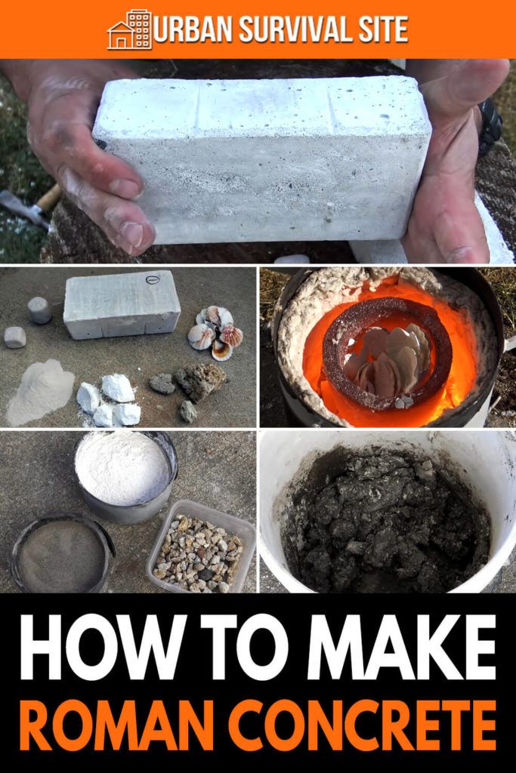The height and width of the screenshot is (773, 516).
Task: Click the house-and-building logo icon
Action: pos(129,29)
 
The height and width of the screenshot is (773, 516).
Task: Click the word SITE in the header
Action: pos(389,29)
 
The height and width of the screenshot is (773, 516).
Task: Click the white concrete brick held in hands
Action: pos(261,160)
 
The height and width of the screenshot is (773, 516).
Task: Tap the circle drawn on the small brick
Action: pos(153,280)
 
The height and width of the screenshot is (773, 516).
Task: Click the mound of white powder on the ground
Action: pos(41,392)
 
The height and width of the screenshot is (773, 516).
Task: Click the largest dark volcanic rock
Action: pos(200,381)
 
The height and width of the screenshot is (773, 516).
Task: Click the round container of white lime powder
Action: pos(126,476)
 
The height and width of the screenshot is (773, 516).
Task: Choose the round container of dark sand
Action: pos(62,553)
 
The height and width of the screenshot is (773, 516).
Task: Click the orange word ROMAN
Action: pos(119,725)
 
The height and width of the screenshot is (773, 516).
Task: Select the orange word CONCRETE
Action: pos(363,725)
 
